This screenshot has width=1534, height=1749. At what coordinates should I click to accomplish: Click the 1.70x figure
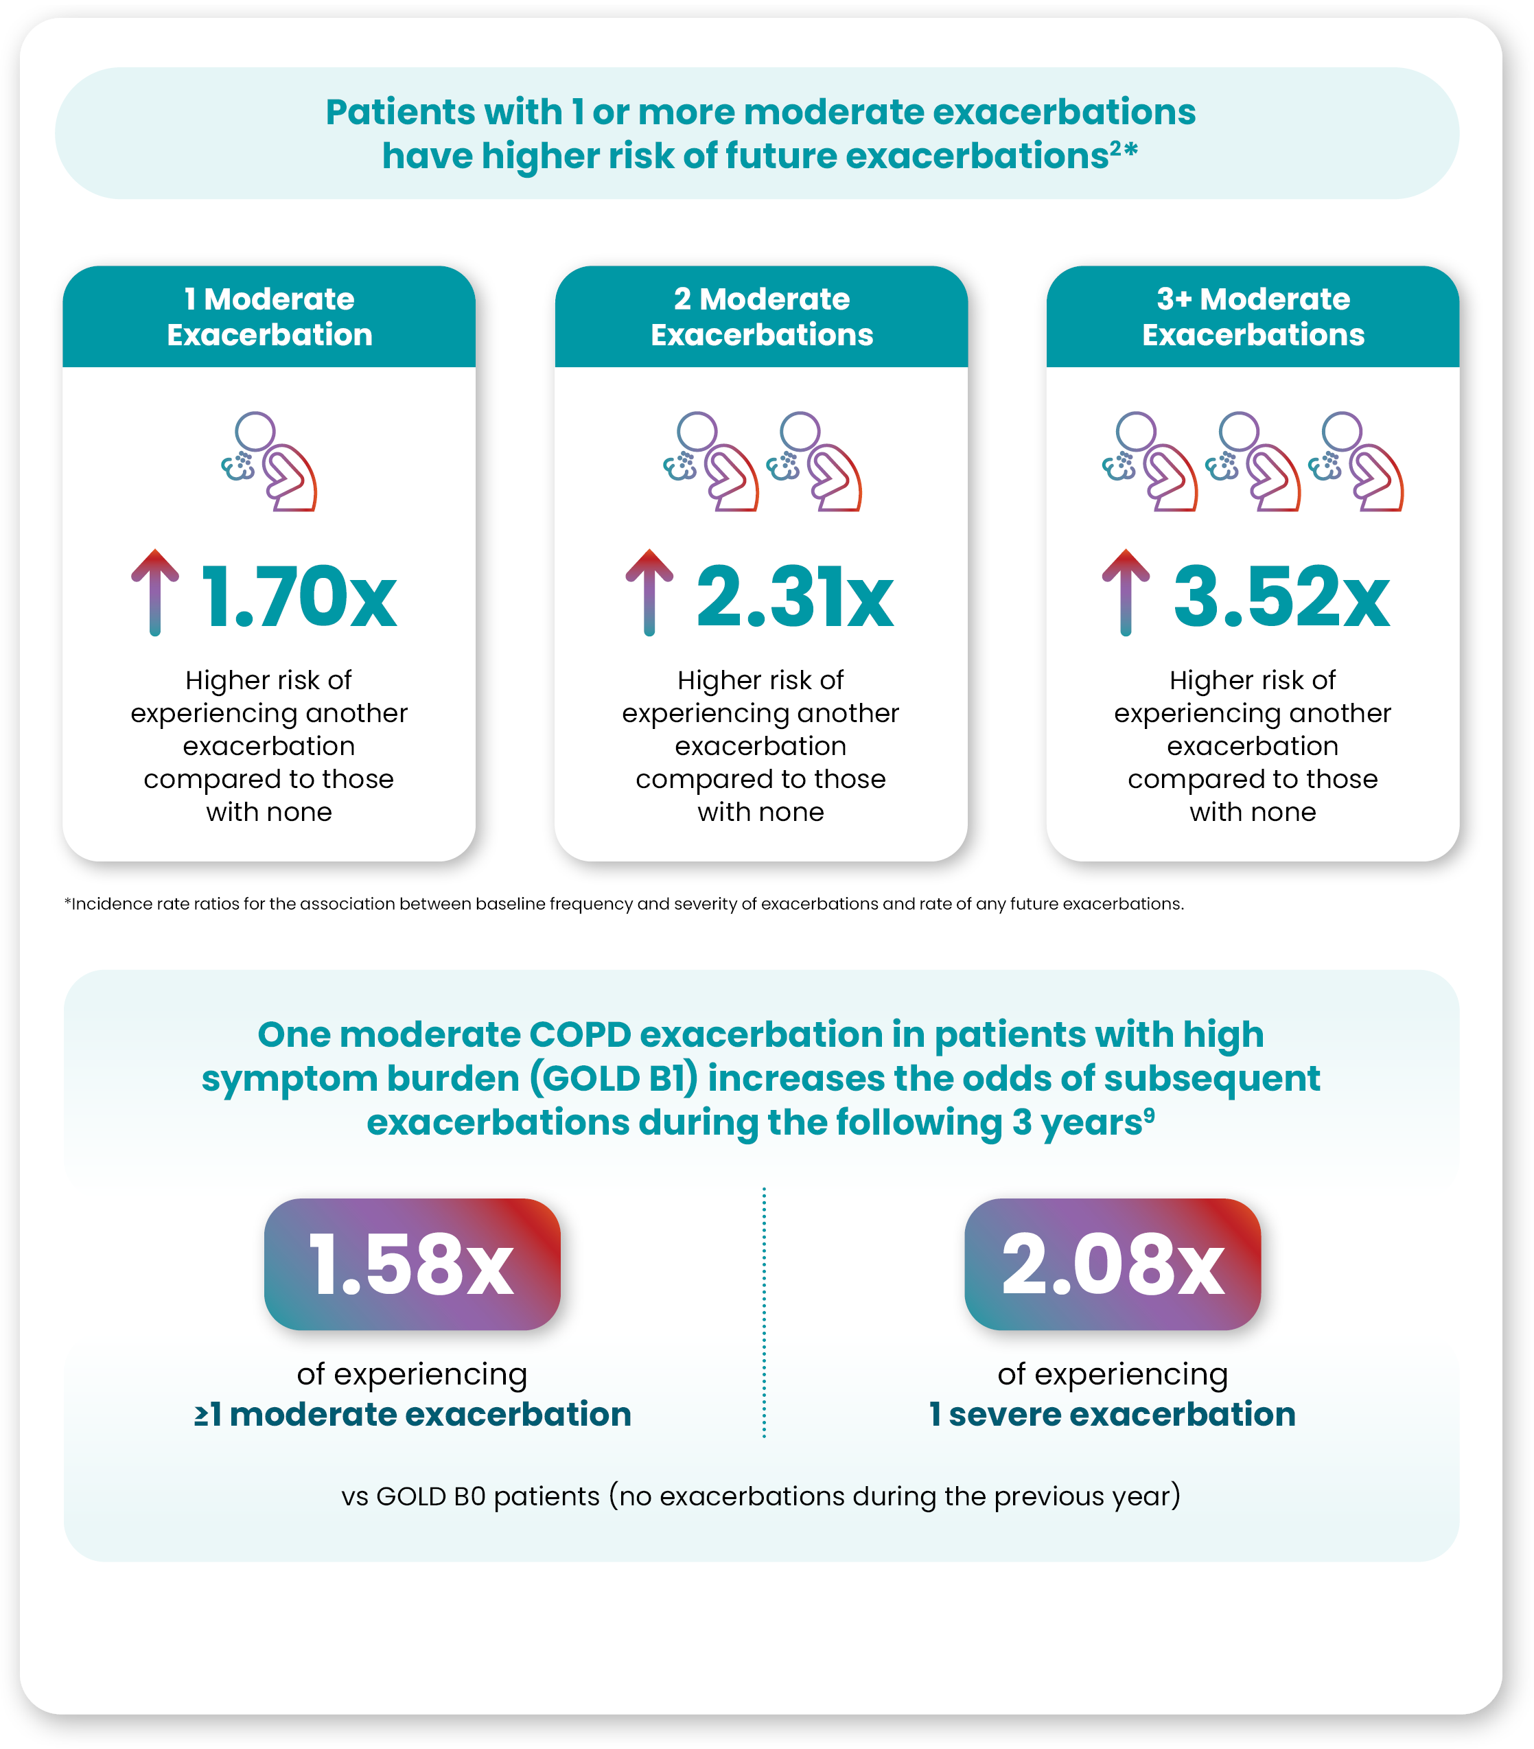299,596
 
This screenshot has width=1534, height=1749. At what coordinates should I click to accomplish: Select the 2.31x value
795,596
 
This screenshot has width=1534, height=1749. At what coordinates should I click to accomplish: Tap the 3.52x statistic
1281,596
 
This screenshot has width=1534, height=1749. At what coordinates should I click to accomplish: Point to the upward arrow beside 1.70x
155,592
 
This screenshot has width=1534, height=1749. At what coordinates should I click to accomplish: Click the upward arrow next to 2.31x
649,592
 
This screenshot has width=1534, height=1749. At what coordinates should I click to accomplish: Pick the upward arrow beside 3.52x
1125,592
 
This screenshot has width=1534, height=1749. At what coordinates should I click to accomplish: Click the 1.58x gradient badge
412,1264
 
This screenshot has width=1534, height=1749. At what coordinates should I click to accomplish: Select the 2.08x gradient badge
1112,1264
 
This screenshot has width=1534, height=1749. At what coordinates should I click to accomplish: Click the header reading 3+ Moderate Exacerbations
1253,316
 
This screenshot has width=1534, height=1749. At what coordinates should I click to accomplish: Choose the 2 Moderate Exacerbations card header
761,316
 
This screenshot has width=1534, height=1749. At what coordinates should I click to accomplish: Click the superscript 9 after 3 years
1149,1115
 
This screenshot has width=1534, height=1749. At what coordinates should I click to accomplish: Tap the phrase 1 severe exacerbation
1112,1415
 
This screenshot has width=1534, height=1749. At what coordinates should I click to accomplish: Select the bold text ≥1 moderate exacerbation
412,1415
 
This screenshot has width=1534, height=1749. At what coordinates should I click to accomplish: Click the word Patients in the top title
400,112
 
